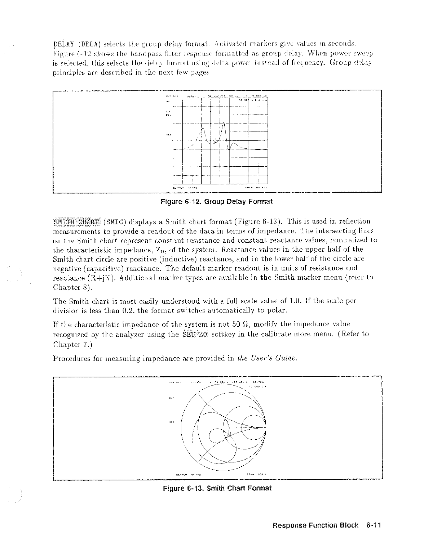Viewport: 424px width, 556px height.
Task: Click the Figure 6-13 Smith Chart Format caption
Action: [217, 488]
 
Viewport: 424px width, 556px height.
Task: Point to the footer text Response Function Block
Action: [315, 525]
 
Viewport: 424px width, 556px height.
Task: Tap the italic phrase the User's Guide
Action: [267, 358]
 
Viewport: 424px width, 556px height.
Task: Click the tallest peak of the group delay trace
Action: [224, 123]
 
